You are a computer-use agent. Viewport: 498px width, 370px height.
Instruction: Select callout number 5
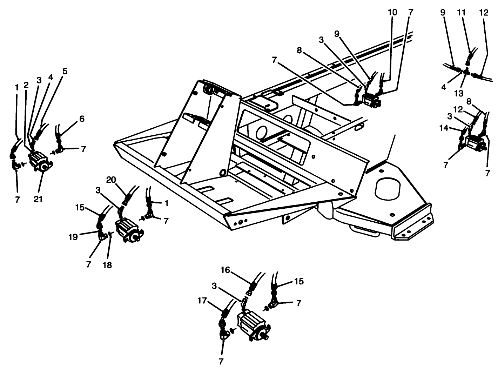(65, 71)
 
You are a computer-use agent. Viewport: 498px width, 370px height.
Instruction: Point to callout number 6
(82, 119)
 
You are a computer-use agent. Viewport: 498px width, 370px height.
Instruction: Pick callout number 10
(393, 12)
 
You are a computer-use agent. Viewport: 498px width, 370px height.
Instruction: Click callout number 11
(461, 12)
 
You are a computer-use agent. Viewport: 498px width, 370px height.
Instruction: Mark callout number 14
(444, 128)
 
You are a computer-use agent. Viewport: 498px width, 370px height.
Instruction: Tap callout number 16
(226, 270)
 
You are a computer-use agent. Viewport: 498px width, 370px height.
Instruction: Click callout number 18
(107, 265)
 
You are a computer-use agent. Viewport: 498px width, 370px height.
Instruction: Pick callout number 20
(111, 180)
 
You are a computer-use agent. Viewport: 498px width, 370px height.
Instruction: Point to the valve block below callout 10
(371, 99)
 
